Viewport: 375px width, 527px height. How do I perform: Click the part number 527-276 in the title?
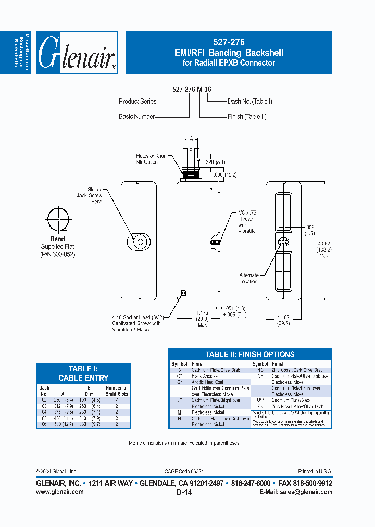tap(229, 42)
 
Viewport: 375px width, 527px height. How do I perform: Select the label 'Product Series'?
tap(137, 101)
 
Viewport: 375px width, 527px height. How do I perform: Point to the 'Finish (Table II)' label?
tap(247, 117)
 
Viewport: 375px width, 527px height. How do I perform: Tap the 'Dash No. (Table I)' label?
tap(250, 101)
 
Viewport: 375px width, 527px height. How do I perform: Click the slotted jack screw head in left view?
tap(139, 241)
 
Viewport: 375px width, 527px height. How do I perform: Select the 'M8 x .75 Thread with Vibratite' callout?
tap(247, 221)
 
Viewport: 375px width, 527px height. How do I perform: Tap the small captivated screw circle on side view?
tap(183, 293)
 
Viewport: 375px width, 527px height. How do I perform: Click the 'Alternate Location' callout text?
tap(248, 278)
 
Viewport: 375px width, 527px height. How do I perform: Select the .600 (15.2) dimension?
tap(226, 174)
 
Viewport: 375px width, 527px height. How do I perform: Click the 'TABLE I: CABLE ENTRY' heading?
tap(83, 373)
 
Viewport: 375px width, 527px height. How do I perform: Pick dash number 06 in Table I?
tap(44, 424)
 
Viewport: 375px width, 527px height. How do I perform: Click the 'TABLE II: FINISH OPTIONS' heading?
tap(250, 354)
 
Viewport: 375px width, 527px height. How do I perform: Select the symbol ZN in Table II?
tap(260, 406)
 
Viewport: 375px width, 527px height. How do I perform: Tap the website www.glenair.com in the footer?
tap(59, 492)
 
